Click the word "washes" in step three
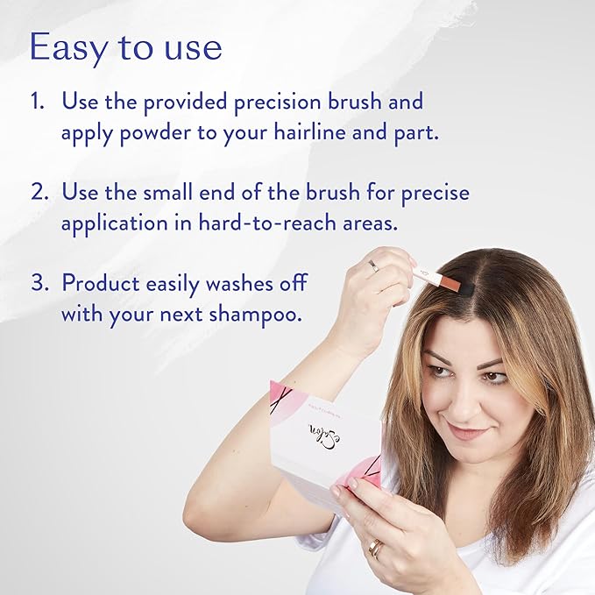pyautogui.click(x=242, y=283)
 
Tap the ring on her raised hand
pyautogui.click(x=373, y=265)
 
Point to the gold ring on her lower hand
pyautogui.click(x=374, y=549)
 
